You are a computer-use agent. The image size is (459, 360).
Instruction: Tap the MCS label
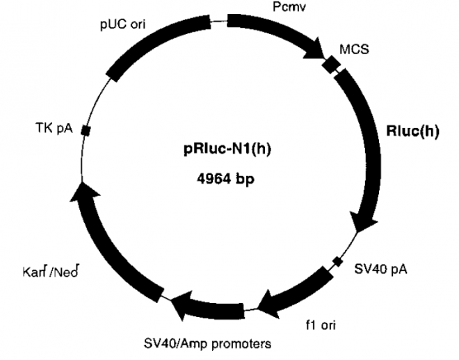click(353, 50)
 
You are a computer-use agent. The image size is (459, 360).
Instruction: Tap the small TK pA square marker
click(85, 130)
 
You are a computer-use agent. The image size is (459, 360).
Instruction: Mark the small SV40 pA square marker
click(337, 261)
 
